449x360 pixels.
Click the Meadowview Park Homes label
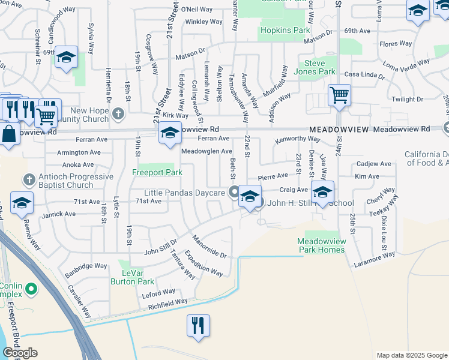[x=322, y=245]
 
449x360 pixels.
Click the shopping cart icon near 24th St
[x=340, y=95]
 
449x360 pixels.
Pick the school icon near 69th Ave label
[x=67, y=58]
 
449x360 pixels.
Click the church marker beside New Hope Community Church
[x=119, y=112]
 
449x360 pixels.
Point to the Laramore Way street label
[x=374, y=259]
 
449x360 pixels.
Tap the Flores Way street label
[x=396, y=44]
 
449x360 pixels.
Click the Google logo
[x=20, y=352]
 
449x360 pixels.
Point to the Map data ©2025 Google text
[x=411, y=355]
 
